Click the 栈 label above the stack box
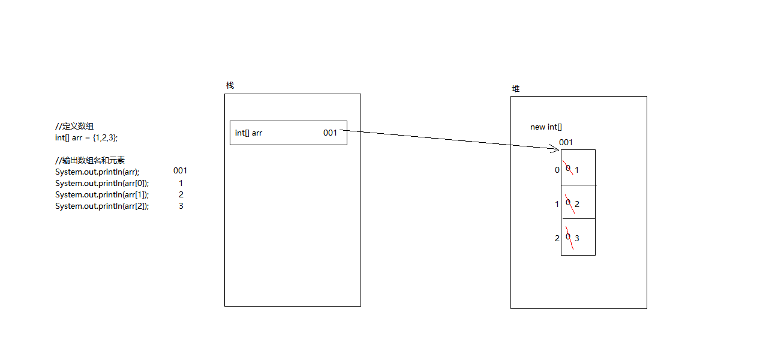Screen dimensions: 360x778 (x=230, y=85)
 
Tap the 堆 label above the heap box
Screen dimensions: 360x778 (x=515, y=89)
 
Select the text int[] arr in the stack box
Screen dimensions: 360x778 (x=248, y=133)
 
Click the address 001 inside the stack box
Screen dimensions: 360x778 (x=330, y=133)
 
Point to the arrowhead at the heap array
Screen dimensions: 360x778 (x=555, y=148)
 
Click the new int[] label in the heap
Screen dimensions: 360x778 (x=546, y=127)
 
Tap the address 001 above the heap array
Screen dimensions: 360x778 (x=566, y=142)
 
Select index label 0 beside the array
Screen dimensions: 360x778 (x=557, y=170)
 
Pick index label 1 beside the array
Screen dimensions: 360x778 (x=557, y=204)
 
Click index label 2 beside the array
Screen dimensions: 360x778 (x=557, y=238)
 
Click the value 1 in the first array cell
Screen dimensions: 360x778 (x=577, y=170)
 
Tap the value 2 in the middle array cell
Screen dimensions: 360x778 (x=577, y=204)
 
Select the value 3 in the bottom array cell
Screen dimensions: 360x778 (x=577, y=238)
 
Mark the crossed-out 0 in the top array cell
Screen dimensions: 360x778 (x=567, y=168)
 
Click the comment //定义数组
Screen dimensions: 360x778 (x=74, y=126)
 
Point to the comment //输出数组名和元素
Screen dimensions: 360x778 (x=90, y=160)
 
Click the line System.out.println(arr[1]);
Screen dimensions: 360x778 (x=102, y=194)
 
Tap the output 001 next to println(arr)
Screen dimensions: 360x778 (x=180, y=170)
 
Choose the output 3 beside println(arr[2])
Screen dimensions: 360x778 (x=181, y=206)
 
